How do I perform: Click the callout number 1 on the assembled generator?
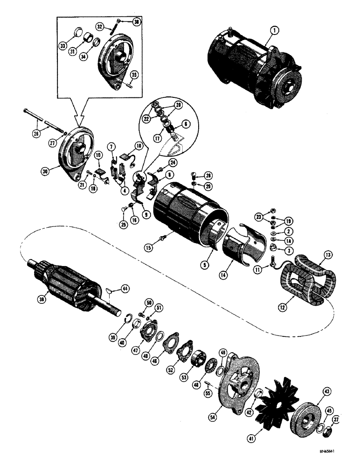[274, 32]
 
